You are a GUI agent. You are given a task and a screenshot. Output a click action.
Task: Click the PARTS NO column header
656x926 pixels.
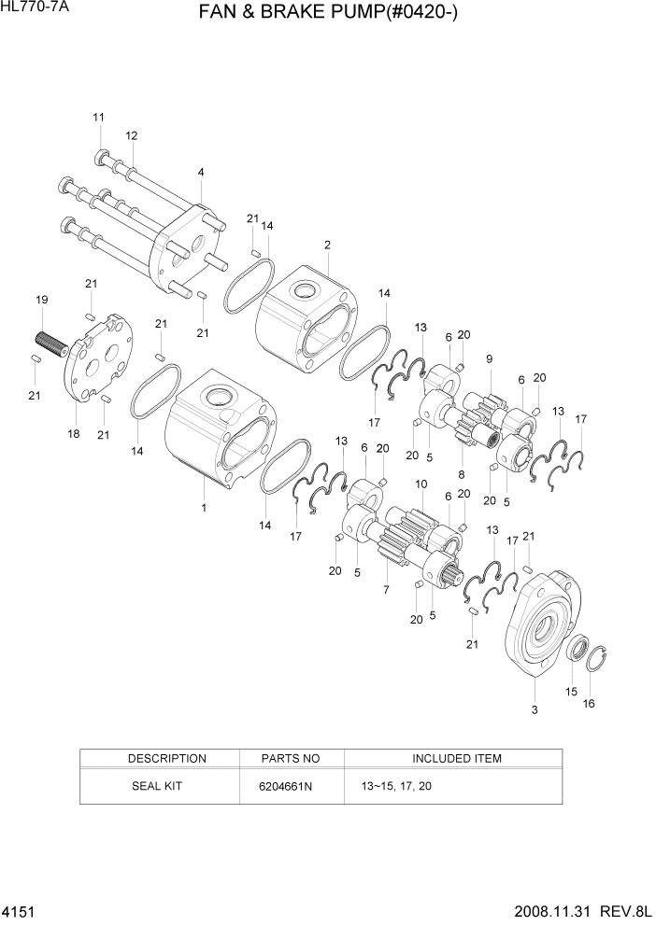click(x=292, y=758)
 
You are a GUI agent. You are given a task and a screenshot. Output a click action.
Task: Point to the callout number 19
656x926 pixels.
click(x=42, y=300)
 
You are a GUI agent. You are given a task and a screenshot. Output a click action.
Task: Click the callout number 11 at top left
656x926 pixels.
click(x=98, y=117)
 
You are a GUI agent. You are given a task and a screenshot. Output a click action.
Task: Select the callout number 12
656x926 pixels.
click(x=132, y=135)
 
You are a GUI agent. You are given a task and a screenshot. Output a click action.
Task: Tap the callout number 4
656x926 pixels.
click(x=201, y=172)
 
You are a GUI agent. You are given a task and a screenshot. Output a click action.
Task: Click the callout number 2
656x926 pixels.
click(x=327, y=245)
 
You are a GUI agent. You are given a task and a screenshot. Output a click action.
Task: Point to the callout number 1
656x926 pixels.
click(x=204, y=508)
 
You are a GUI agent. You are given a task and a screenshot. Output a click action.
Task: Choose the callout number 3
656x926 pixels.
click(x=535, y=711)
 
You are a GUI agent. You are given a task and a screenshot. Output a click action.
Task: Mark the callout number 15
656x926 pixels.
click(x=571, y=692)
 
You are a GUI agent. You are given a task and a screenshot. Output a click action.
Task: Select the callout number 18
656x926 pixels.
click(x=73, y=434)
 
